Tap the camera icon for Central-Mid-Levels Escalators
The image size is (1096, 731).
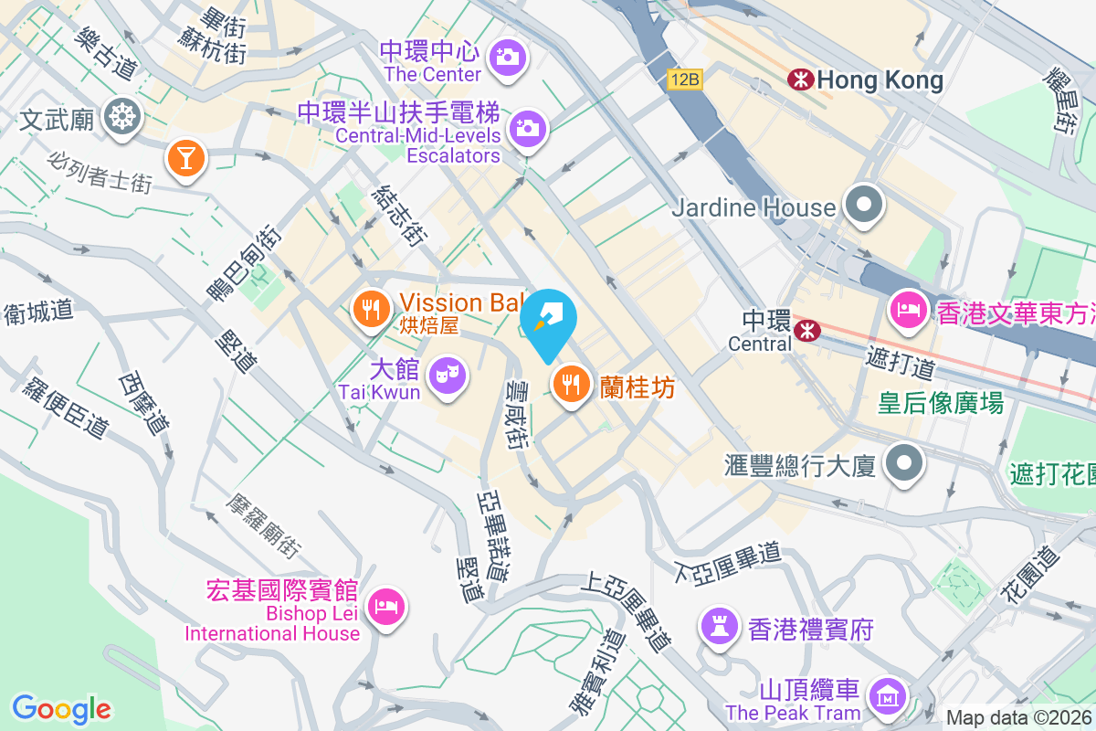[527, 128]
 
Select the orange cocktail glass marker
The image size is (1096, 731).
[186, 159]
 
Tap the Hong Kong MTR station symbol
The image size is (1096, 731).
[801, 80]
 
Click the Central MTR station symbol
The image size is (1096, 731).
[807, 330]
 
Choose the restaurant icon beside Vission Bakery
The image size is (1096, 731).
[370, 309]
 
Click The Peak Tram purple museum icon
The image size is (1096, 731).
[886, 696]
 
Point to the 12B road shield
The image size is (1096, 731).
[684, 79]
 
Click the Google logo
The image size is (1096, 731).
[61, 709]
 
